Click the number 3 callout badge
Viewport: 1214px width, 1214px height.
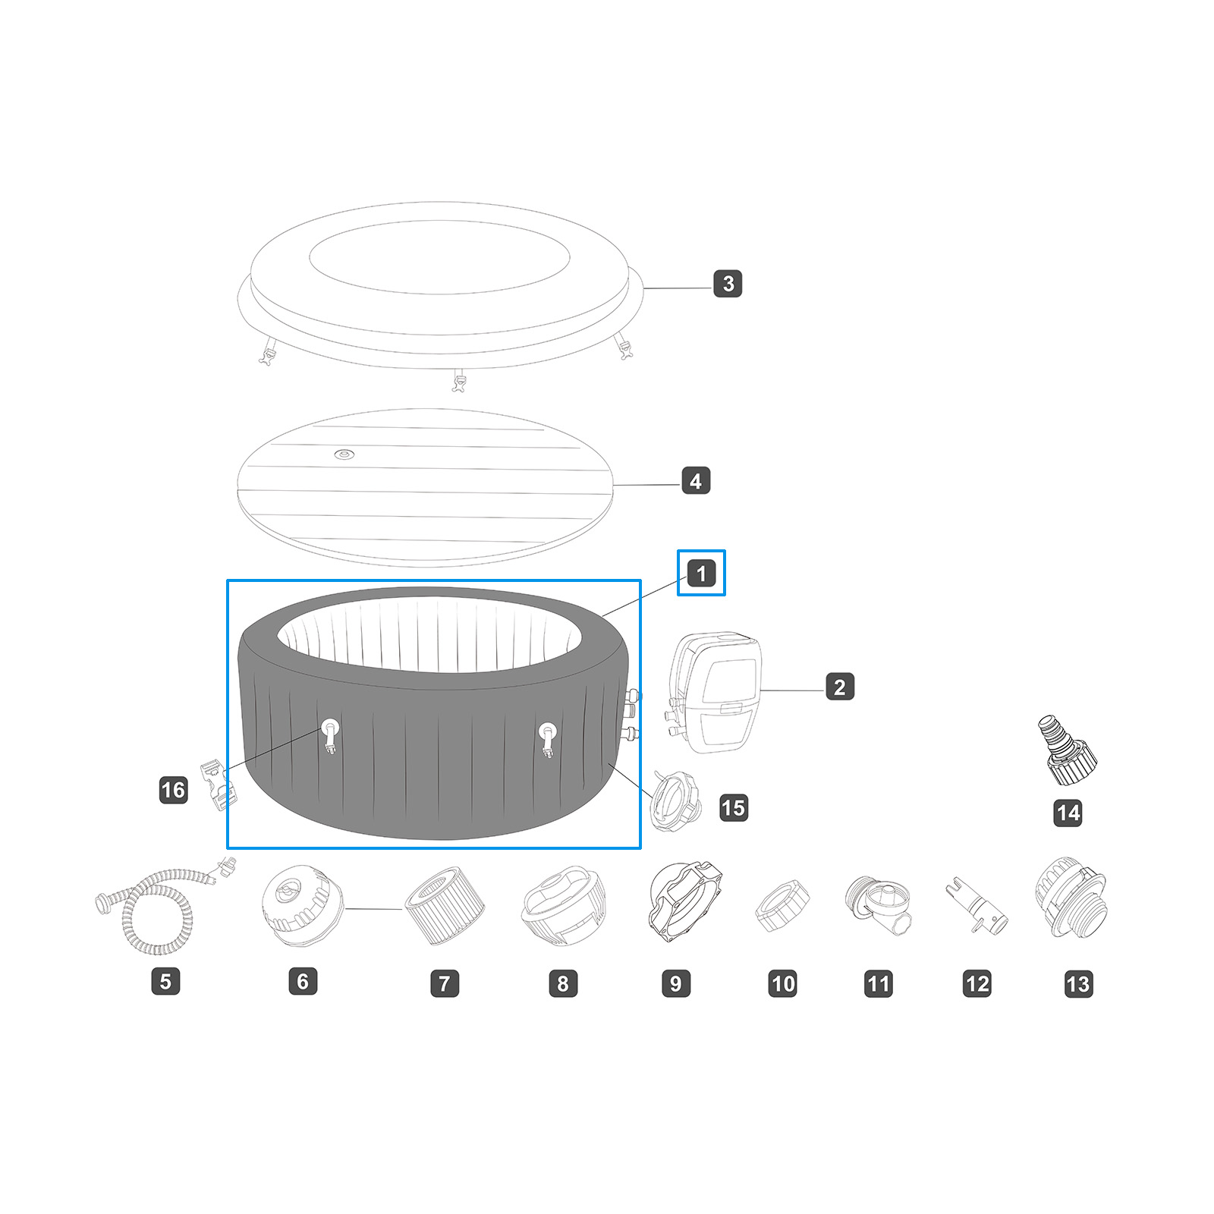coord(728,283)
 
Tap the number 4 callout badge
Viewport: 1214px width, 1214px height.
coord(696,480)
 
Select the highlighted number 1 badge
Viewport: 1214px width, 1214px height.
coord(701,573)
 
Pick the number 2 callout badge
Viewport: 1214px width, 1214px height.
coord(839,687)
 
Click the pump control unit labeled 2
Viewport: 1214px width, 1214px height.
coord(717,690)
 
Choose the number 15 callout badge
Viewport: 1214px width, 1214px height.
coord(733,807)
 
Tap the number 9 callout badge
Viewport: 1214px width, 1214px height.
coord(675,983)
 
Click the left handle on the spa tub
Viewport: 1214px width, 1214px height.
coord(331,734)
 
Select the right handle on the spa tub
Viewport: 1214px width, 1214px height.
coord(547,736)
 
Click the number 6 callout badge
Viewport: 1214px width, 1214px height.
coord(302,981)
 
